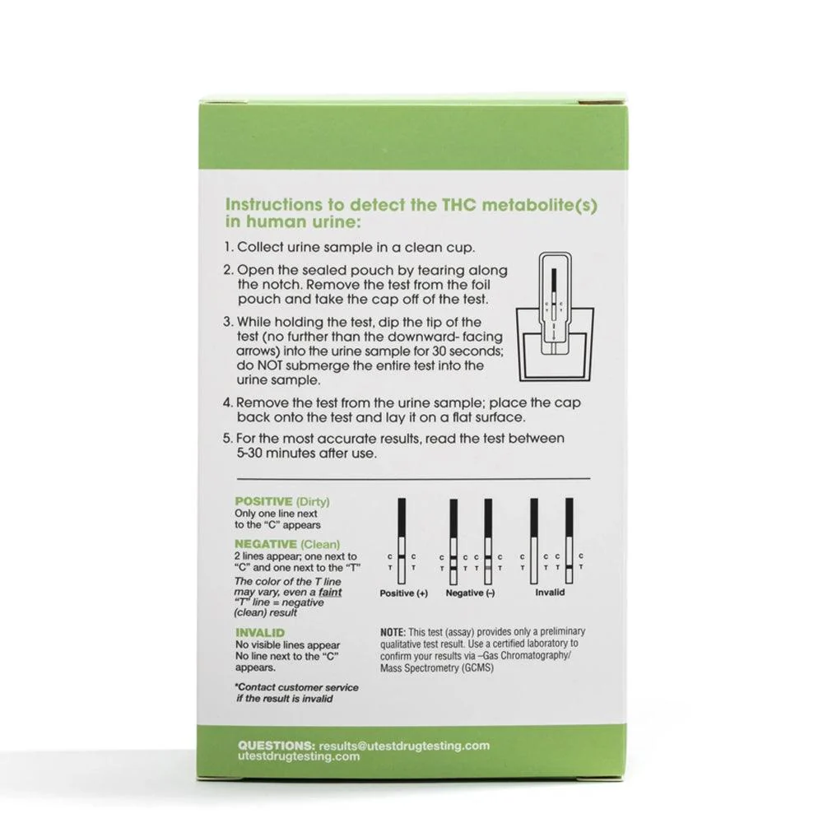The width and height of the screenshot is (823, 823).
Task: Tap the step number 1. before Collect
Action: pyautogui.click(x=228, y=247)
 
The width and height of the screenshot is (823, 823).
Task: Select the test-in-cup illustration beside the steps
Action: pyautogui.click(x=556, y=317)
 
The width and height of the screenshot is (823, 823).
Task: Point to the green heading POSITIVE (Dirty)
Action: pyautogui.click(x=281, y=501)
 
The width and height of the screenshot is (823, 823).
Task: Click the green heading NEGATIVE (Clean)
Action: pyautogui.click(x=287, y=544)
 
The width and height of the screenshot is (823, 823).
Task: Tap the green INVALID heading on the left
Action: pyautogui.click(x=260, y=632)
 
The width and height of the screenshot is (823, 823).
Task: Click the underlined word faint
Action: pyautogui.click(x=330, y=592)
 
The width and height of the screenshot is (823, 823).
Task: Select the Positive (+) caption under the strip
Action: pyautogui.click(x=403, y=593)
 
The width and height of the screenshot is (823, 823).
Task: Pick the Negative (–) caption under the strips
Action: pyautogui.click(x=470, y=593)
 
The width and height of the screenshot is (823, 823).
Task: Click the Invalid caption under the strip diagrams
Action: pyautogui.click(x=550, y=592)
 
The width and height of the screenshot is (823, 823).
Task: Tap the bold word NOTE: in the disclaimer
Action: pyautogui.click(x=393, y=632)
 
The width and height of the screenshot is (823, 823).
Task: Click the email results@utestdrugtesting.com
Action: pyautogui.click(x=404, y=746)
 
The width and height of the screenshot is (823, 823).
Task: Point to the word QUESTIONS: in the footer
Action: pyautogui.click(x=276, y=746)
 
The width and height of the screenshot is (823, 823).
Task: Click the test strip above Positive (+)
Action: pyautogui.click(x=402, y=542)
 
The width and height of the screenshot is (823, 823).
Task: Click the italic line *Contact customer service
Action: pyautogui.click(x=296, y=687)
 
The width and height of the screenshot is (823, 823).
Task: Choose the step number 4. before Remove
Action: pyautogui.click(x=227, y=402)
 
